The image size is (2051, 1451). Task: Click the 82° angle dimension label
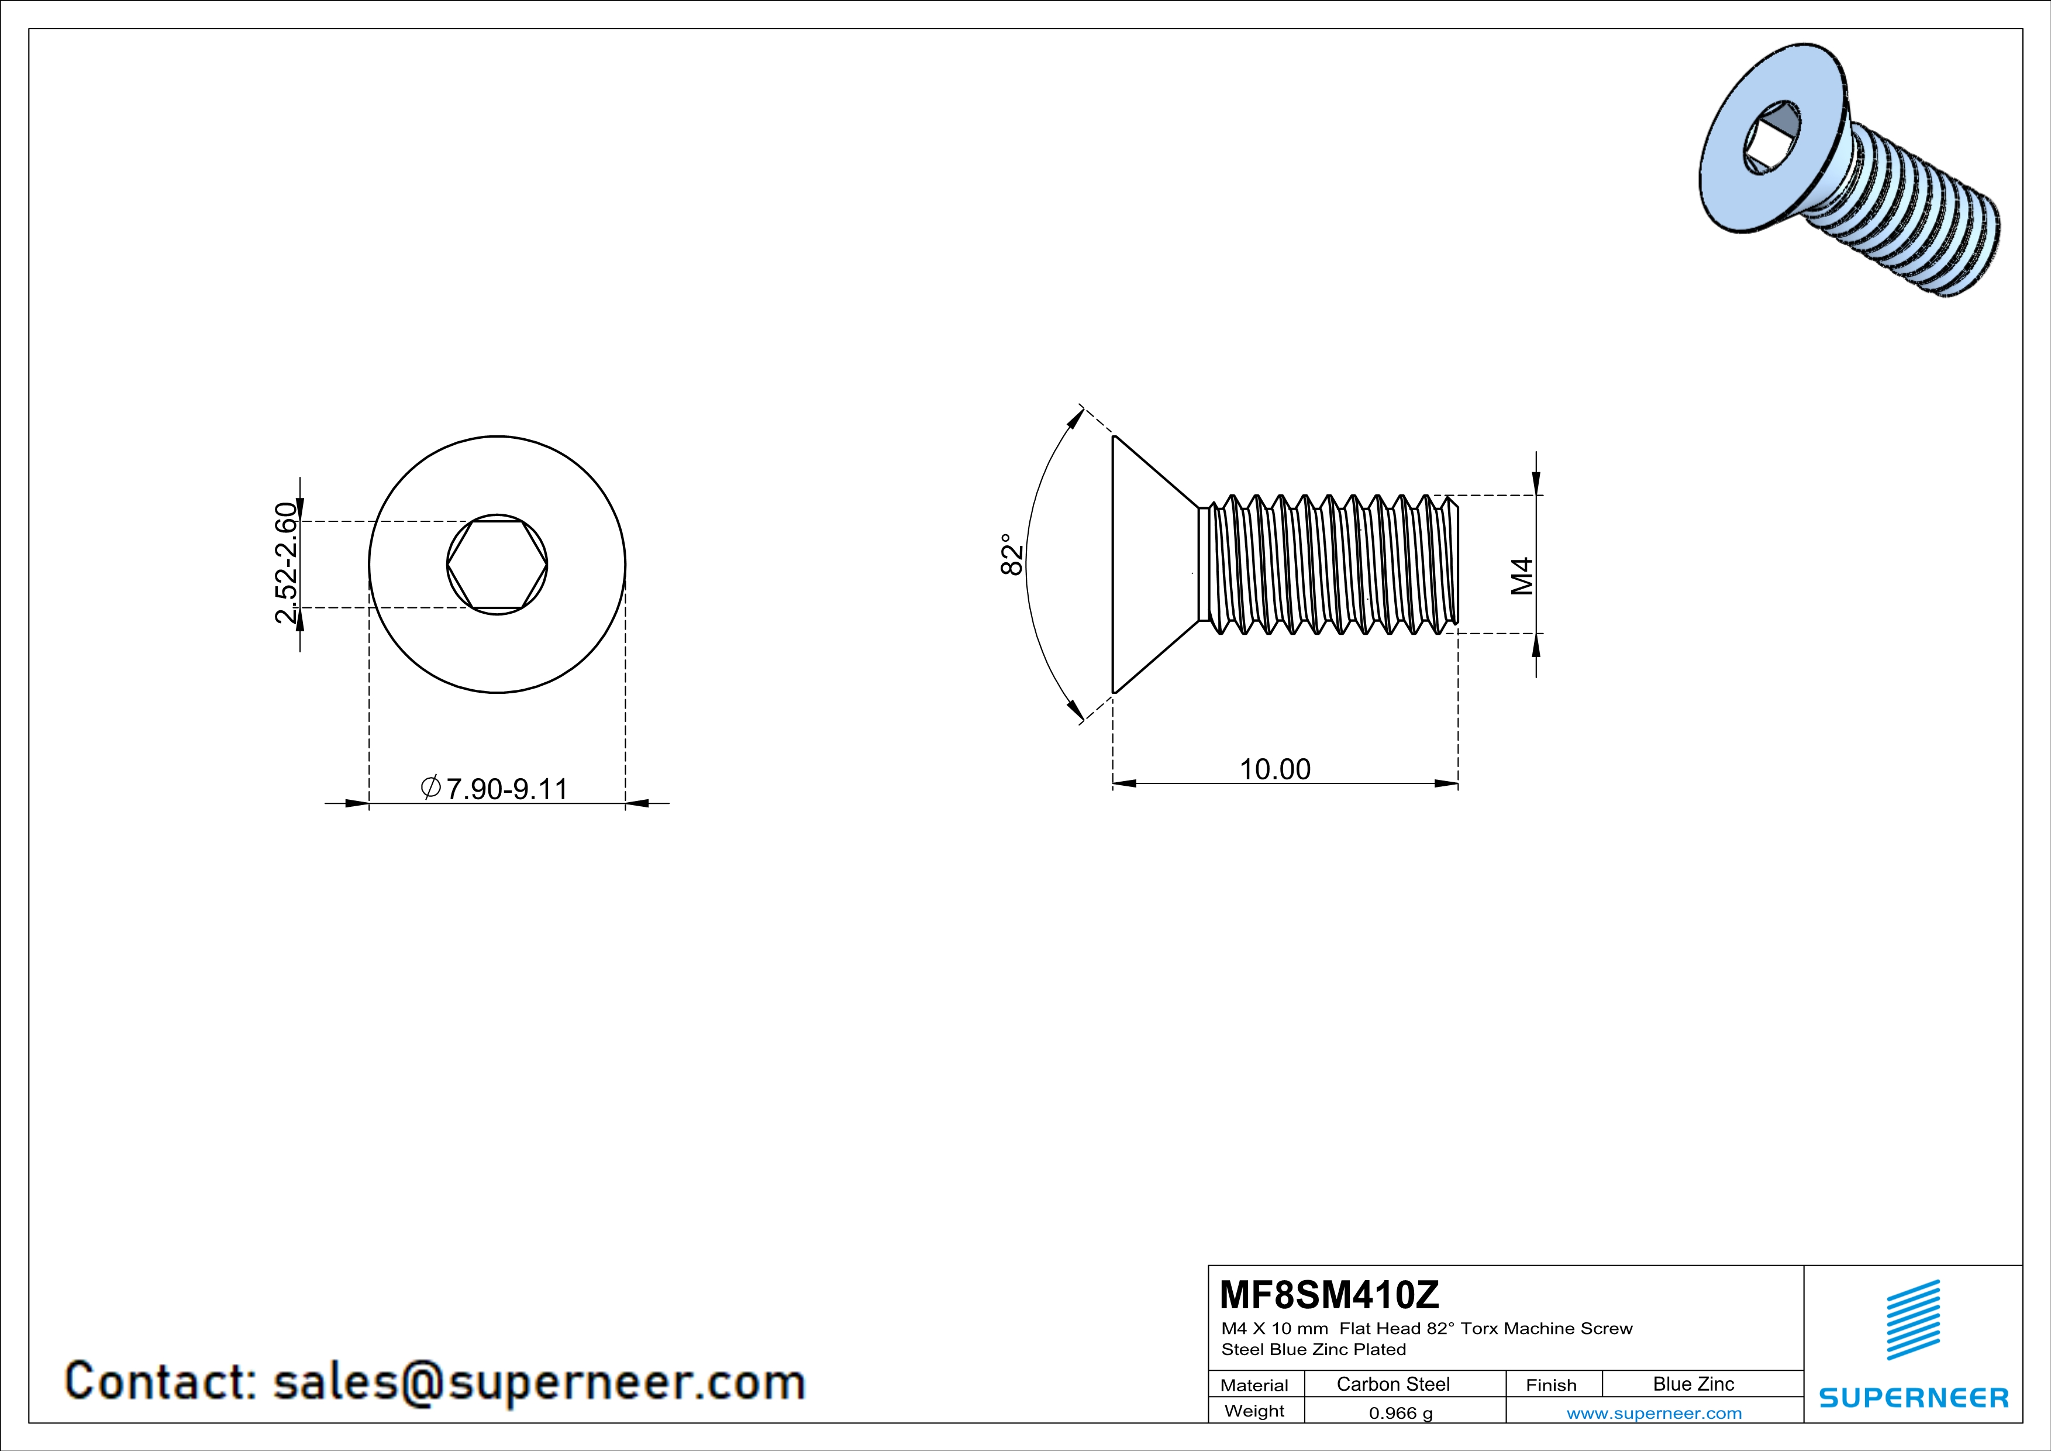coord(1011,555)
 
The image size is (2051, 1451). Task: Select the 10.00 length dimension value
coord(1275,769)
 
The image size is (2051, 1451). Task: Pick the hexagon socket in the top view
coord(497,565)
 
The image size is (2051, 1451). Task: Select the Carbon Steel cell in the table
coord(1392,1384)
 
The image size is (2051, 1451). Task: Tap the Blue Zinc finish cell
coord(1692,1384)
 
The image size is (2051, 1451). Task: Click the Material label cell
coord(1254,1385)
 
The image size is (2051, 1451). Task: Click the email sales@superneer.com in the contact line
coord(539,1381)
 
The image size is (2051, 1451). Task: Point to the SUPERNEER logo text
coord(1914,1397)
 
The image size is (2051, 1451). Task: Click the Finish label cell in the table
coord(1551,1385)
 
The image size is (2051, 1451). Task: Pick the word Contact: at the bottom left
coord(161,1381)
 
